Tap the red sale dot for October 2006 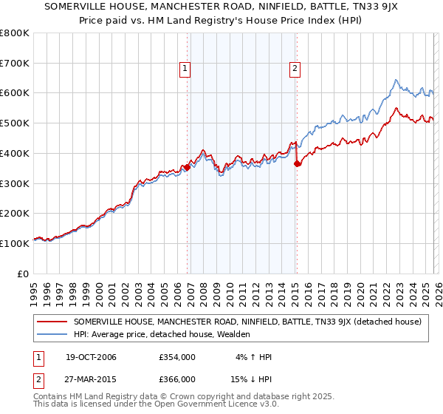(x=187, y=167)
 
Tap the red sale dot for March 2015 (x=297, y=163)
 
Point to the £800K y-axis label (x=15, y=33)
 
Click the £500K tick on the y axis (x=15, y=123)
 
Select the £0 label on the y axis (x=23, y=274)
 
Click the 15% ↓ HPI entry (x=250, y=379)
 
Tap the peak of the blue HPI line (x=396, y=80)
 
